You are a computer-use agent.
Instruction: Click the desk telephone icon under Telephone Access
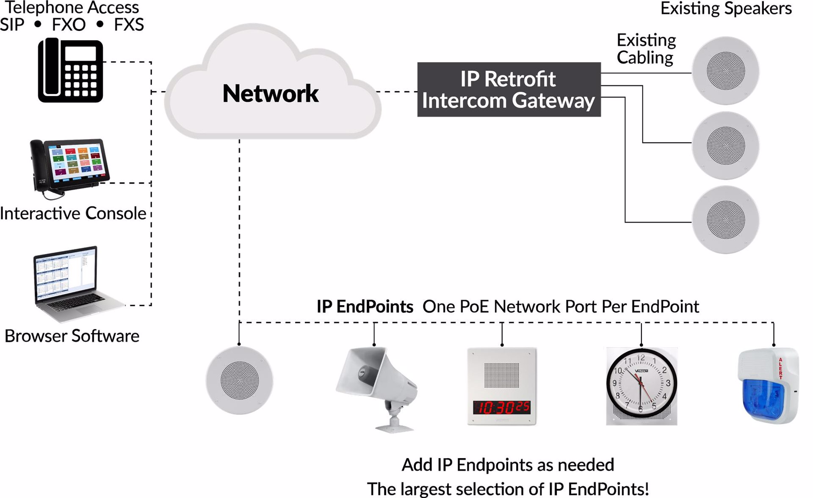click(x=70, y=70)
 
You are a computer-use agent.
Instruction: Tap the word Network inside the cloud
click(x=271, y=94)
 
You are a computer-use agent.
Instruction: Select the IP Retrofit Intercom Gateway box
click(x=509, y=89)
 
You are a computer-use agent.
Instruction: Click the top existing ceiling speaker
click(x=725, y=71)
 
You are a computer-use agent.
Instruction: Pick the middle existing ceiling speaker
click(x=725, y=145)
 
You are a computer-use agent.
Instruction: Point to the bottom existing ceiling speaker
click(x=725, y=220)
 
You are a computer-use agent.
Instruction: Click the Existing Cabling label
click(x=646, y=49)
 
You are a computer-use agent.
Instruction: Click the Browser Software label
click(x=72, y=336)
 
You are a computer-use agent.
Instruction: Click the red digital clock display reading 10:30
click(x=502, y=407)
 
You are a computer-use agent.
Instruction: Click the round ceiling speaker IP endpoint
click(x=239, y=380)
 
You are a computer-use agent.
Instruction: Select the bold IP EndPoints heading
click(x=365, y=306)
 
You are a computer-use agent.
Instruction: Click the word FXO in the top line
click(x=69, y=25)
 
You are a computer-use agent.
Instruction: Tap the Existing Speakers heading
click(x=726, y=8)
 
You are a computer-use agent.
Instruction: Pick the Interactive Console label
click(x=73, y=213)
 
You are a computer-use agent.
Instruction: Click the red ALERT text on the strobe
click(x=780, y=368)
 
